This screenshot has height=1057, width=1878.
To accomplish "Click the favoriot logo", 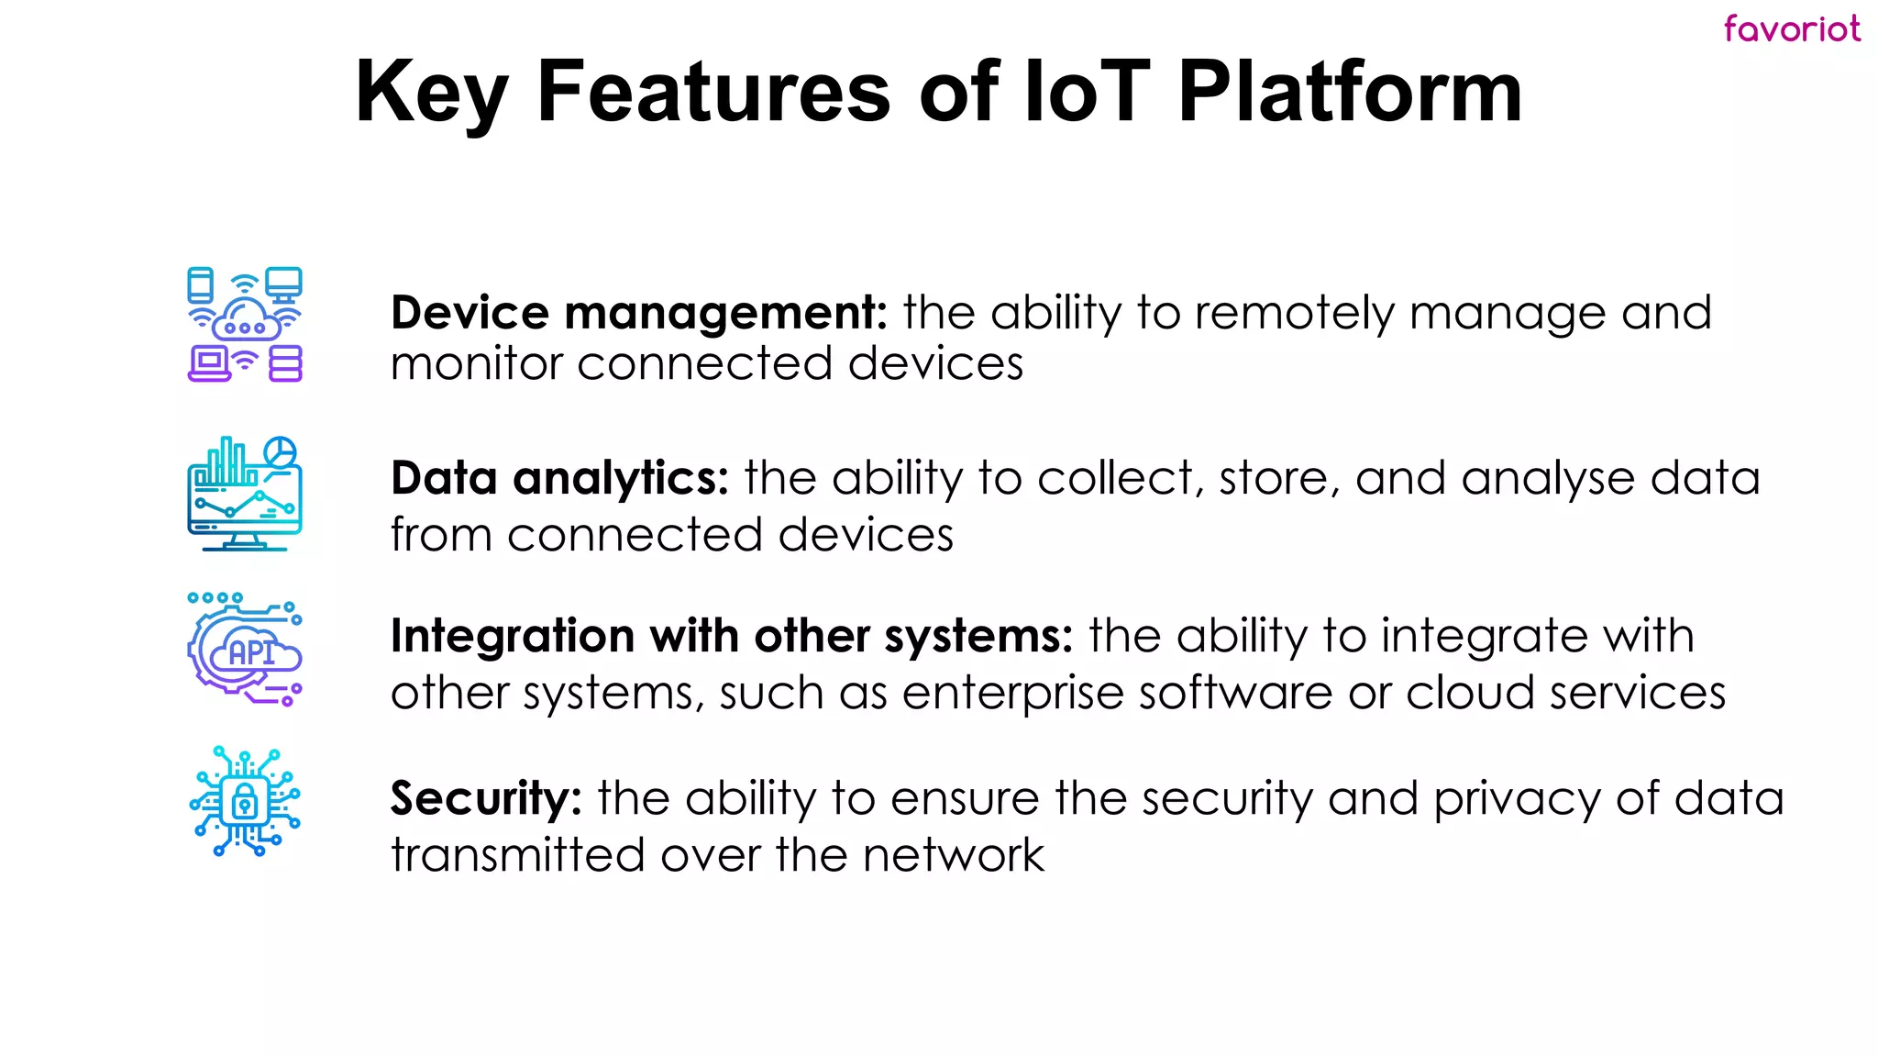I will coord(1791,28).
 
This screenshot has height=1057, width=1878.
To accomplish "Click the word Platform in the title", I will coord(1350,92).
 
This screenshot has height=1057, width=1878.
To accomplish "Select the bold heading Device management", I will coord(638,313).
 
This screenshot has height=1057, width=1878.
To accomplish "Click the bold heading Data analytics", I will coord(559,478).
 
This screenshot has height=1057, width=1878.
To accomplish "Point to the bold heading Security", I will coord(485,797).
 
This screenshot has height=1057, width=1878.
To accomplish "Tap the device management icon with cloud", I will coord(245,324).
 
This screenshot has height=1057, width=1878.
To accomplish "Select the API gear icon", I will coord(245,650).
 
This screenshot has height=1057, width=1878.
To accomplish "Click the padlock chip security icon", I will coord(245,801).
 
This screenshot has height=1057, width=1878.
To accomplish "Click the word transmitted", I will coord(518,855).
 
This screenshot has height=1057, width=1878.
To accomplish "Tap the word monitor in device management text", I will coord(476,364).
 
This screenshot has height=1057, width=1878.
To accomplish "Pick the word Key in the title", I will coord(431,92).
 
